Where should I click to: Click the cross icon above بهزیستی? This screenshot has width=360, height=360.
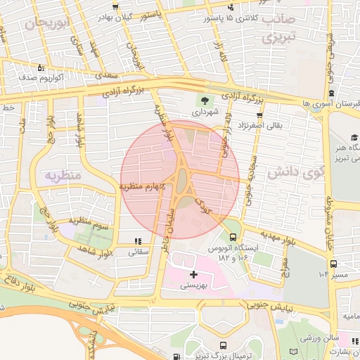(x=194, y=273)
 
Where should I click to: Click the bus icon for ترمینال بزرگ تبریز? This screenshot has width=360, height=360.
(x=223, y=345)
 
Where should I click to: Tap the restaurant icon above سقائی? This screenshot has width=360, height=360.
(x=136, y=240)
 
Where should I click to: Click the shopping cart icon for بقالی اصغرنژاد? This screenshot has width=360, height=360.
(x=259, y=115)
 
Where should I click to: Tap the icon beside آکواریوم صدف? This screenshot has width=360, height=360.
(x=41, y=68)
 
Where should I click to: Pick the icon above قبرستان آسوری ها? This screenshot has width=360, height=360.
(x=330, y=93)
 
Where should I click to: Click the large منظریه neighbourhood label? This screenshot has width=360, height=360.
(x=63, y=174)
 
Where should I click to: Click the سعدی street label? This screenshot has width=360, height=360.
(x=106, y=74)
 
